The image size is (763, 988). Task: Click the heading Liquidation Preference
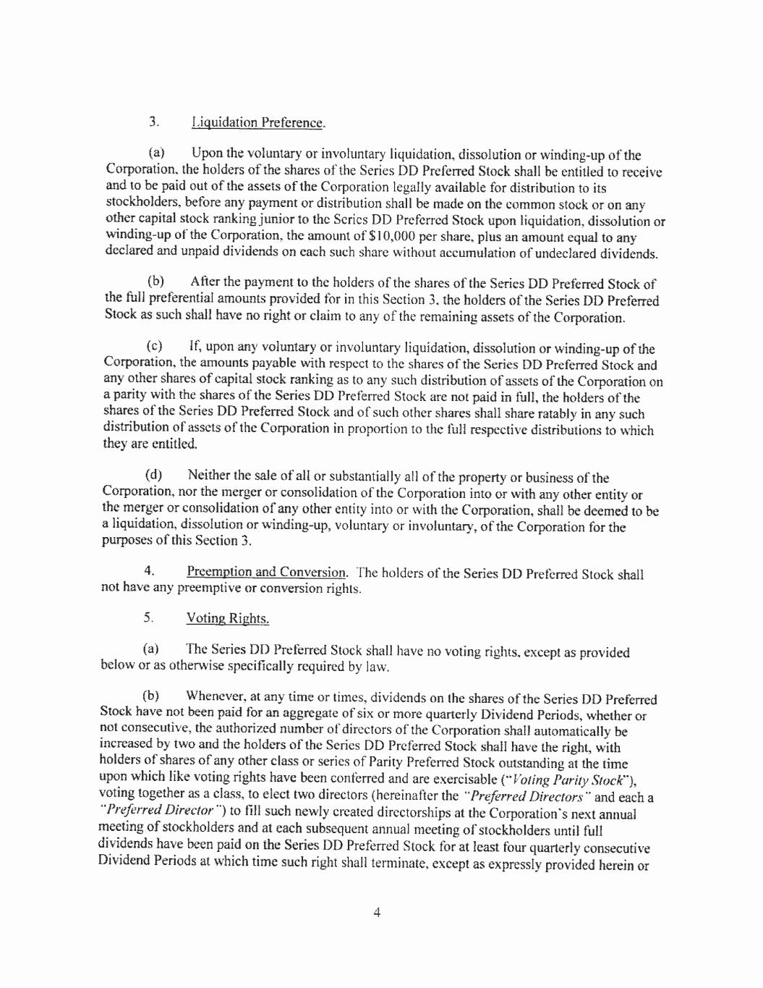[x=257, y=122]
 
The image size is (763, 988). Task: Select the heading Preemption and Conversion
[x=266, y=573]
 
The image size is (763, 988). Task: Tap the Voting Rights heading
[x=228, y=618]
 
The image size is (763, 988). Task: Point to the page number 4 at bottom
[x=377, y=913]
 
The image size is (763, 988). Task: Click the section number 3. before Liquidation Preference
[x=154, y=122]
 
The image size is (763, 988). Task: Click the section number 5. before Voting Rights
[x=148, y=617]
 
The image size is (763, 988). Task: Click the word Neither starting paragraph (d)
[x=211, y=476]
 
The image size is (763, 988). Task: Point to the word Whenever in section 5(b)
[x=215, y=697]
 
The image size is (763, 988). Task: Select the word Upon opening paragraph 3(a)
[x=208, y=154]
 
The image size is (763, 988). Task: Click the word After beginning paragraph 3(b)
[x=205, y=282]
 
